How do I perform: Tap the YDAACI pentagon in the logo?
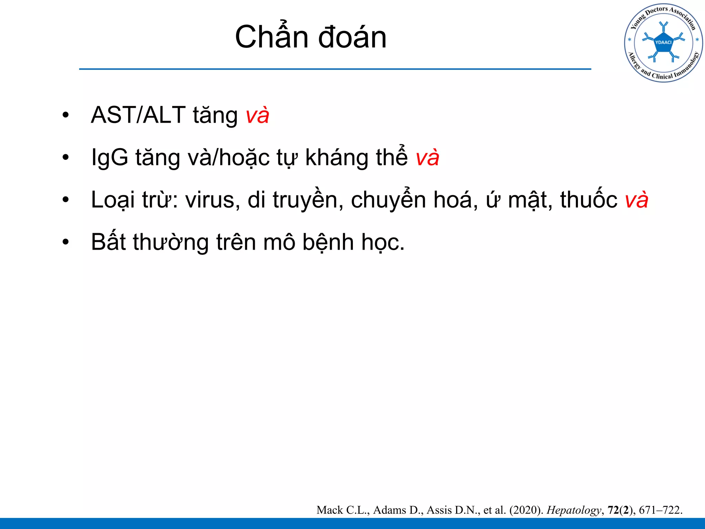(x=663, y=43)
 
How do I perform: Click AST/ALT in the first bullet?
(x=138, y=115)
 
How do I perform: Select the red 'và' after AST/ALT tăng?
(x=257, y=115)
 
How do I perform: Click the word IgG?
(x=109, y=158)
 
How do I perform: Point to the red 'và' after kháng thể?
(x=427, y=158)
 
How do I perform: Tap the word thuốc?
(x=589, y=200)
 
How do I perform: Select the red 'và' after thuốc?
(x=636, y=200)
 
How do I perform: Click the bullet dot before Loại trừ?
(x=66, y=200)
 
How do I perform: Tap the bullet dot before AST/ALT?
(x=66, y=115)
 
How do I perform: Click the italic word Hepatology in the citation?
(x=574, y=510)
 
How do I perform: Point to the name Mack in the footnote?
(x=330, y=510)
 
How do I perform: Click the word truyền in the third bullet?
(x=308, y=200)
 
